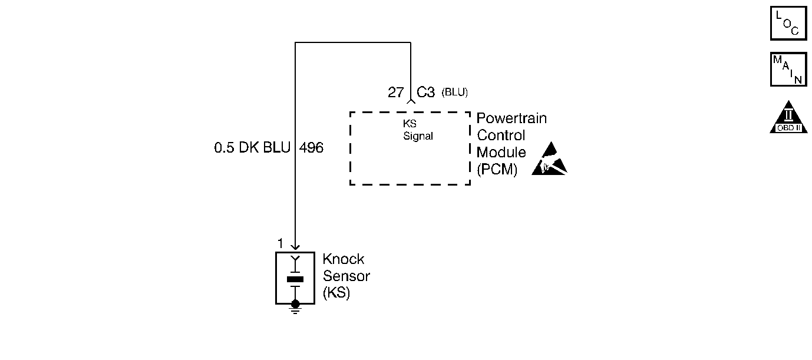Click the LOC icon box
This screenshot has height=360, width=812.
point(788,24)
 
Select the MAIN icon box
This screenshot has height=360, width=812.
point(788,70)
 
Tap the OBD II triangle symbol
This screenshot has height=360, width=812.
point(788,118)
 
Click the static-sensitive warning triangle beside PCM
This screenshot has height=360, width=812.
point(549,160)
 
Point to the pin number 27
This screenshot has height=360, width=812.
point(395,93)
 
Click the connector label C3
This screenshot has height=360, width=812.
point(425,93)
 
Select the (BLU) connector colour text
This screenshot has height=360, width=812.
point(454,93)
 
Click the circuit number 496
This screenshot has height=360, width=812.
point(311,148)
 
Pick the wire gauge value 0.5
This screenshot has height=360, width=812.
point(225,148)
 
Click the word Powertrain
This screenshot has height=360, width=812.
point(511,118)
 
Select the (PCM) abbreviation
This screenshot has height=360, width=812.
point(497,170)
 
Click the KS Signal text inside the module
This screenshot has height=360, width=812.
point(418,131)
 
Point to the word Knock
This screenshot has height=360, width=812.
point(344,259)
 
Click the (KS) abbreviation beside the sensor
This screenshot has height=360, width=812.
point(336,293)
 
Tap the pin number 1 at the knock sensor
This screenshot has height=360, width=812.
point(280,243)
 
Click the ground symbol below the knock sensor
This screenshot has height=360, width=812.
point(296,308)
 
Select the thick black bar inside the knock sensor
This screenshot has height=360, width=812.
point(295,279)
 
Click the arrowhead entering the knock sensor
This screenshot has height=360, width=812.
point(295,246)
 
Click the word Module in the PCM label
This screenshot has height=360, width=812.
point(501,153)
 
